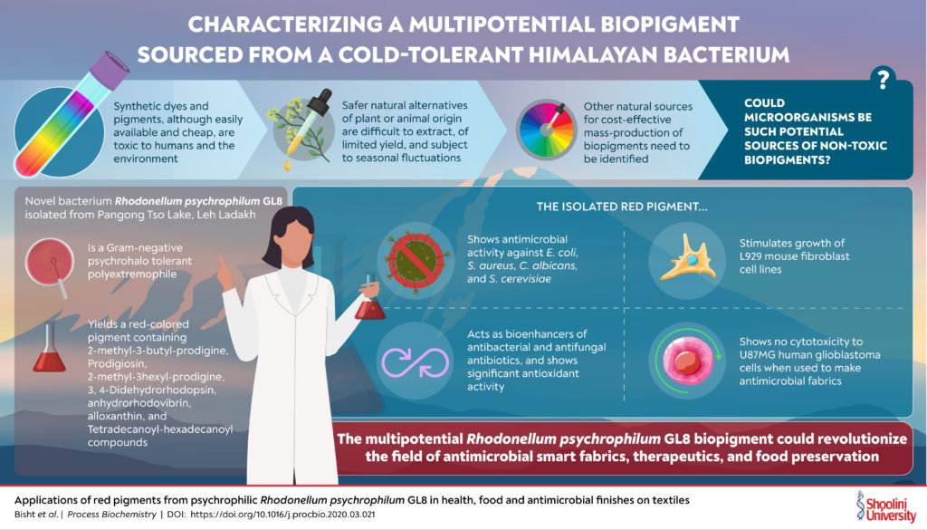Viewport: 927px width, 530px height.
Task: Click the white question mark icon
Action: (883, 78)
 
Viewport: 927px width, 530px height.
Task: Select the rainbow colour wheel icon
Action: (546, 130)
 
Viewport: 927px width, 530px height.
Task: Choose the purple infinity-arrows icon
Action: (415, 361)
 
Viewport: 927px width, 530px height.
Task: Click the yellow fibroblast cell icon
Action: (688, 258)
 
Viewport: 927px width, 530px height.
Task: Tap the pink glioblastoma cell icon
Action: (687, 361)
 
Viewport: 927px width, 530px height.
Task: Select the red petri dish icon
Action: (50, 261)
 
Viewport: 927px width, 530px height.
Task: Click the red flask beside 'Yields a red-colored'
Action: (49, 349)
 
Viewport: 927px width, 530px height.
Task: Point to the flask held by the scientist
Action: (369, 299)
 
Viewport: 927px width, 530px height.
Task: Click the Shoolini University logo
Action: (885, 506)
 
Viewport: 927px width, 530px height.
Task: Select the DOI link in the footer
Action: (282, 515)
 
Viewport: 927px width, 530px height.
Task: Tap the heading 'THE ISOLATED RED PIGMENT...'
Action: (621, 207)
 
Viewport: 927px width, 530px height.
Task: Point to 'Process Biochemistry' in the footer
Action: (111, 515)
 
